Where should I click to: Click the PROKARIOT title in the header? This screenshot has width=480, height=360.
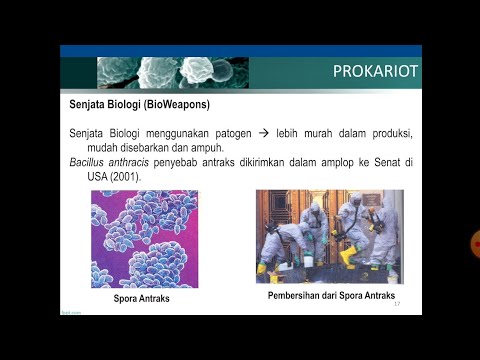375,72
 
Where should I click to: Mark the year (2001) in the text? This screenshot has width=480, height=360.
125,175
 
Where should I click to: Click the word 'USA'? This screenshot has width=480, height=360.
97,175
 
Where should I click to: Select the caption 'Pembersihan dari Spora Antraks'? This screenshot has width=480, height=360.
330,296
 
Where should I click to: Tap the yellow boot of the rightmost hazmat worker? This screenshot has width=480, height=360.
393,271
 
